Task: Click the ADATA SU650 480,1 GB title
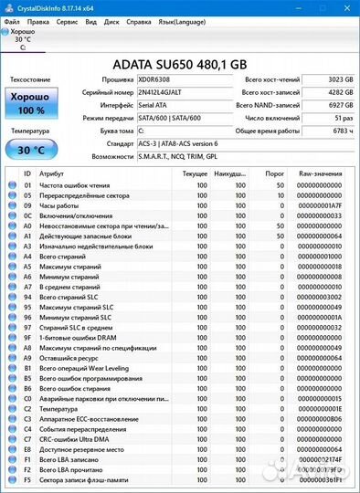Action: [179, 64]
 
